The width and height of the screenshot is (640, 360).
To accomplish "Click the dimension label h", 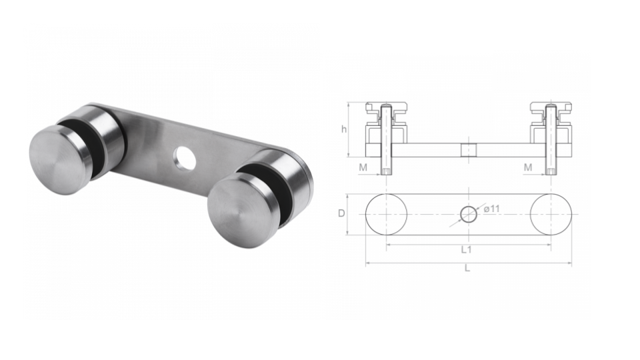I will coord(344,129).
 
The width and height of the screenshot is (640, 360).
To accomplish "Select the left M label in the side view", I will coord(363,167).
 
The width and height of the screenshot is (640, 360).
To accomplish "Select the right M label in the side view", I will coord(527,167).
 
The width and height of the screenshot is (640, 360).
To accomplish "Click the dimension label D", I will coord(341,214).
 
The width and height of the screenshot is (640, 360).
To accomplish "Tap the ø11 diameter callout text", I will coord(492,209).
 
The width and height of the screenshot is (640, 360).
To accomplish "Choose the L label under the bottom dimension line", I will coord(467,269).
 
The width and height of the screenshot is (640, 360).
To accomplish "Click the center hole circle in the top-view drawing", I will coord(469,214).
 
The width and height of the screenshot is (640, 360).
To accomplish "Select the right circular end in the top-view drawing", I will coord(551,214).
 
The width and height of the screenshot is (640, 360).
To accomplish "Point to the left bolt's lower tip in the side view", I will coord(386,172).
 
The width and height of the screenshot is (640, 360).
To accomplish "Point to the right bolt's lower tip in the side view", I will coord(551,172).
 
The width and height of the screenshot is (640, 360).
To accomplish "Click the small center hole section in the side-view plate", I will coord(469,150).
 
